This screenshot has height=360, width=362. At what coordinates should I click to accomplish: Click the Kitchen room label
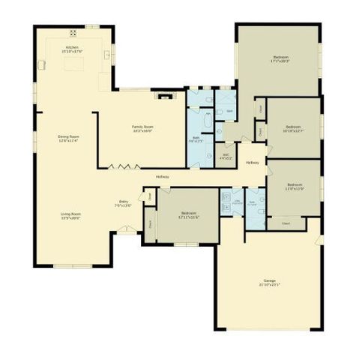tap(72, 49)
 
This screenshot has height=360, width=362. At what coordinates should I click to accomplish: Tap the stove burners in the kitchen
tap(73, 32)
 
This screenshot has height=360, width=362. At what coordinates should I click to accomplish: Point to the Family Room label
tap(142, 129)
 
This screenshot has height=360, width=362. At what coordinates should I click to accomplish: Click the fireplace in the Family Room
tap(163, 94)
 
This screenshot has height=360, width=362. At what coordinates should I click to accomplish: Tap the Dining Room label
tap(69, 138)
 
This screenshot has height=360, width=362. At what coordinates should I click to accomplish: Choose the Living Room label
tap(70, 215)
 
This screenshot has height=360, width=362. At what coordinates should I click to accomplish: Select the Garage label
tap(269, 282)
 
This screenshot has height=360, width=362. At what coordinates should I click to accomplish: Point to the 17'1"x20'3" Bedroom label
tap(281, 59)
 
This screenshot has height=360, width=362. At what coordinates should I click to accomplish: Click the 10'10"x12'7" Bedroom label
tap(293, 129)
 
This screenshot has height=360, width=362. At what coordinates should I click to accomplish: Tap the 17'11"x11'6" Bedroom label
tap(188, 216)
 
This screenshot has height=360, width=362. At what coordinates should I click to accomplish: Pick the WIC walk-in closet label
tap(226, 157)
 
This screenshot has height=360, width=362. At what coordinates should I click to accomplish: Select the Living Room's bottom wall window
tap(73, 265)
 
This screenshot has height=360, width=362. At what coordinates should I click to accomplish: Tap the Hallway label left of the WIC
tap(163, 176)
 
